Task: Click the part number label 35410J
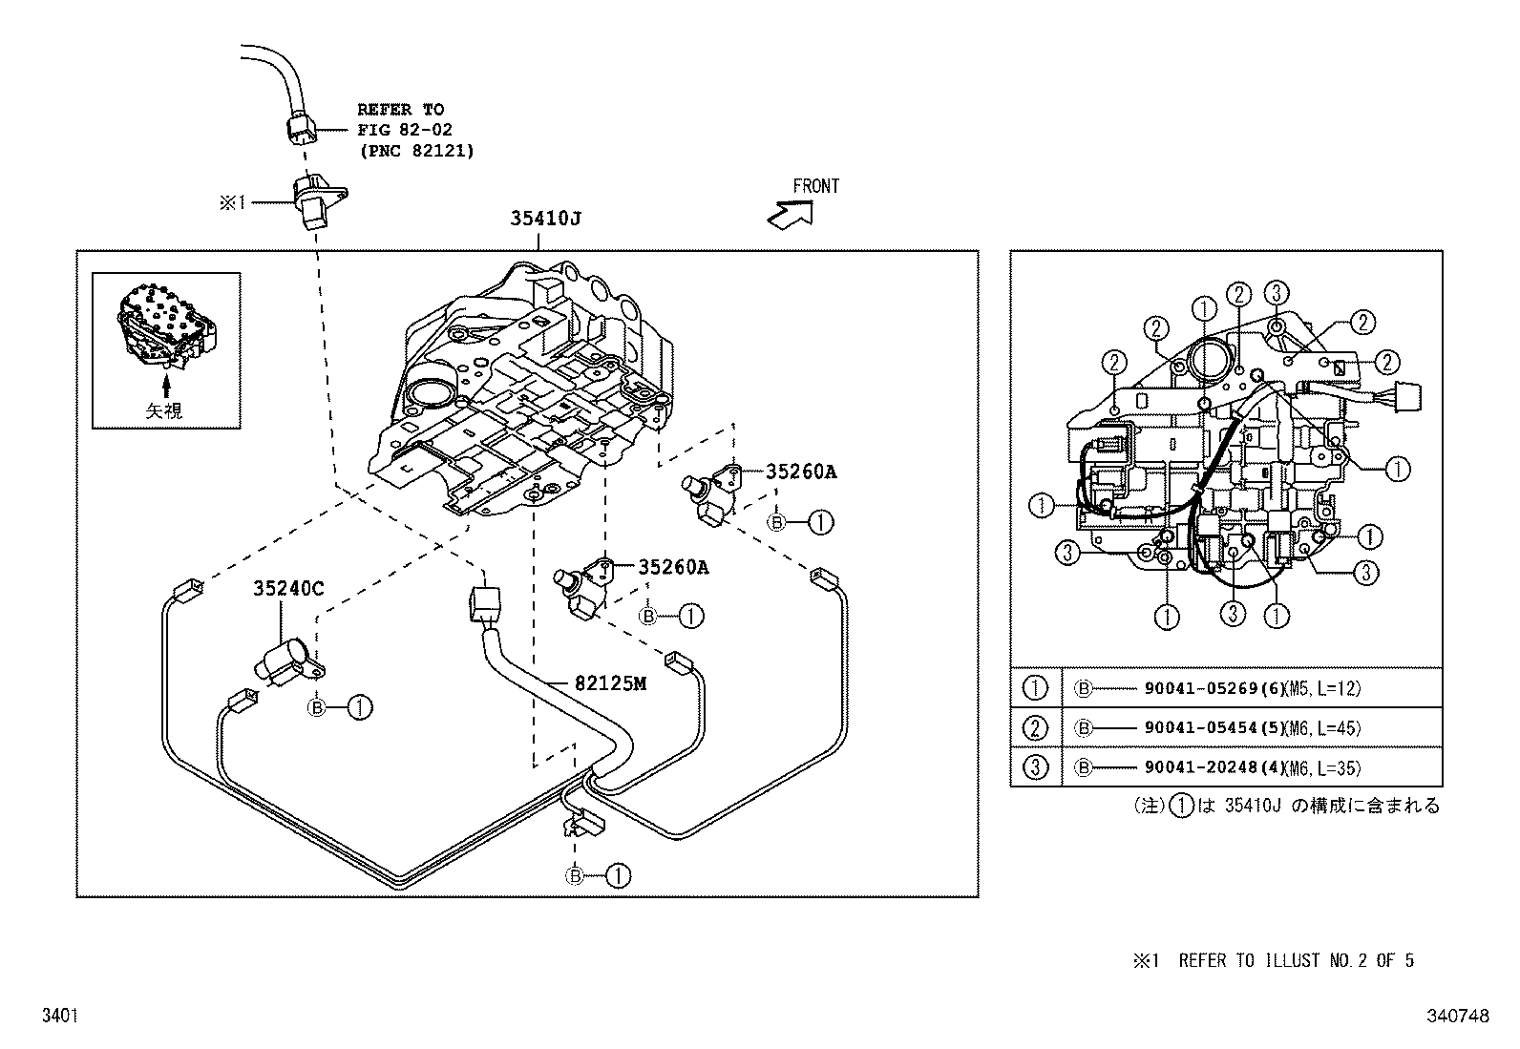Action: (x=545, y=219)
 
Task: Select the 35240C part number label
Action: (x=288, y=589)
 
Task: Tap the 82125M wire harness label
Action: (x=611, y=683)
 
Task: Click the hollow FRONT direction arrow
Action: (x=790, y=215)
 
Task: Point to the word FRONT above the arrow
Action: (x=815, y=186)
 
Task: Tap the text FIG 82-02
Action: (x=405, y=130)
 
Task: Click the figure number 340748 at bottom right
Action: (x=1459, y=1018)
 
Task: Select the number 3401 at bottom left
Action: (x=58, y=1018)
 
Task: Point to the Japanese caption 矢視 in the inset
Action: (x=164, y=410)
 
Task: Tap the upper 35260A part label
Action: (x=800, y=472)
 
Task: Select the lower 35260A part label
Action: (x=673, y=567)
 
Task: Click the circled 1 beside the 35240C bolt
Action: (x=360, y=707)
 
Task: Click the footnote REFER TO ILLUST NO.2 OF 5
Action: (x=1296, y=960)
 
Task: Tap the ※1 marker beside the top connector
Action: (x=233, y=202)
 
